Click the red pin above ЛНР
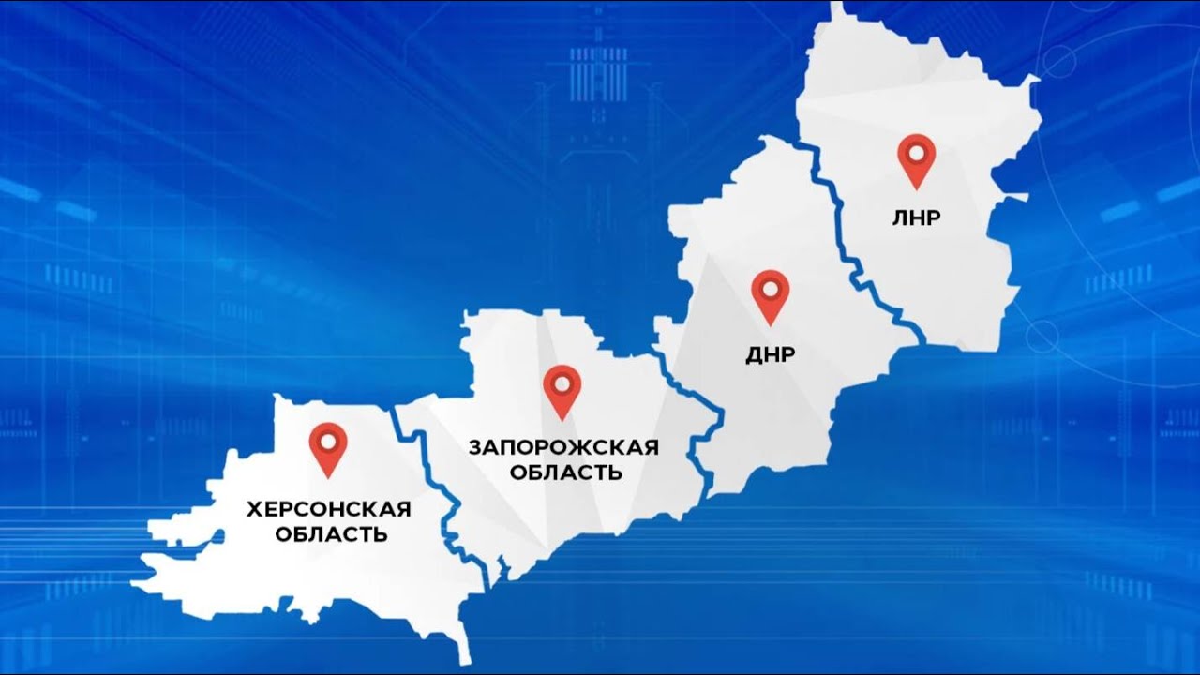pos(916,158)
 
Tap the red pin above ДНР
pos(771,294)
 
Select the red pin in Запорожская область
pos(562,390)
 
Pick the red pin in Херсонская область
pos(328,447)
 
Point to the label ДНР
pos(771,355)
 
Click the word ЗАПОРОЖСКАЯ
pos(563,446)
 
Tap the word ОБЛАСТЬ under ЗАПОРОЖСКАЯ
pos(565,472)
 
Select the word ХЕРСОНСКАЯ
pos(328,509)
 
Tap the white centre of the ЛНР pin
pos(916,152)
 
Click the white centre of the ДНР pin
pos(771,288)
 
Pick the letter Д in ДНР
pos(754,355)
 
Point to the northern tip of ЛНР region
pos(835,7)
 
